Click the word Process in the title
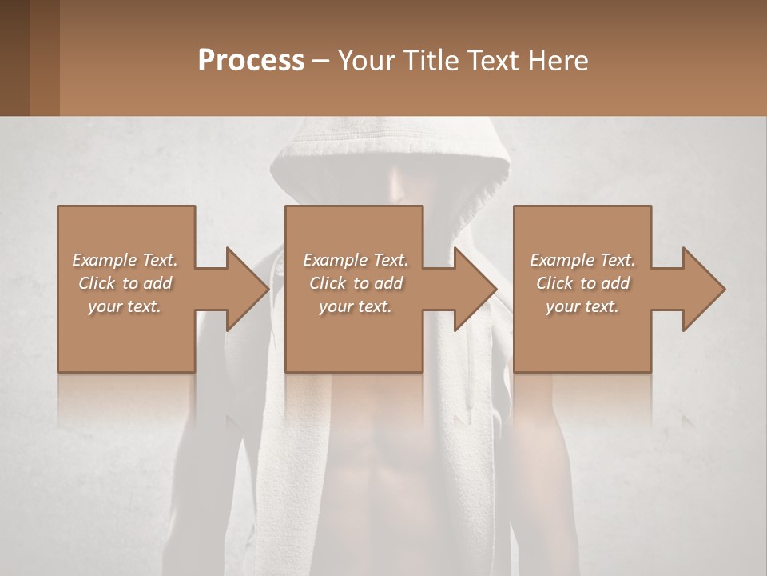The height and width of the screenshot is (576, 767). (x=251, y=61)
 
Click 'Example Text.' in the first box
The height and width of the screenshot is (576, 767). (x=125, y=260)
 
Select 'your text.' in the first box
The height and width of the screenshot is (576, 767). (x=125, y=306)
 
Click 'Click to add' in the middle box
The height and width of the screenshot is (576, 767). (x=356, y=283)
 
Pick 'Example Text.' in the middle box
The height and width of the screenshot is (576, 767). (x=356, y=260)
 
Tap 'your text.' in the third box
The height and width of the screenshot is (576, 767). (x=582, y=306)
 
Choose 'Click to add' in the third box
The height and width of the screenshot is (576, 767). (x=582, y=283)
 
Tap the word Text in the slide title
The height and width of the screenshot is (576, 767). (x=494, y=61)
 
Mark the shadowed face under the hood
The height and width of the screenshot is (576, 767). (x=403, y=188)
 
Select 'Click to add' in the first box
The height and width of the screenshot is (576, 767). (x=125, y=283)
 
